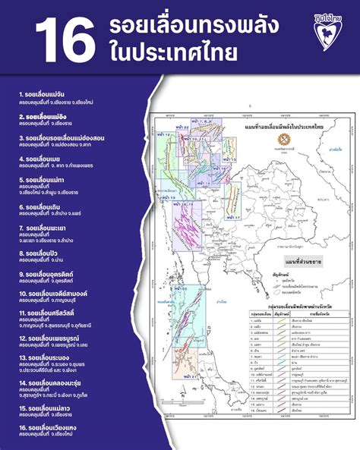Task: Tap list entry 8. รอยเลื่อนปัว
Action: click(x=37, y=253)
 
